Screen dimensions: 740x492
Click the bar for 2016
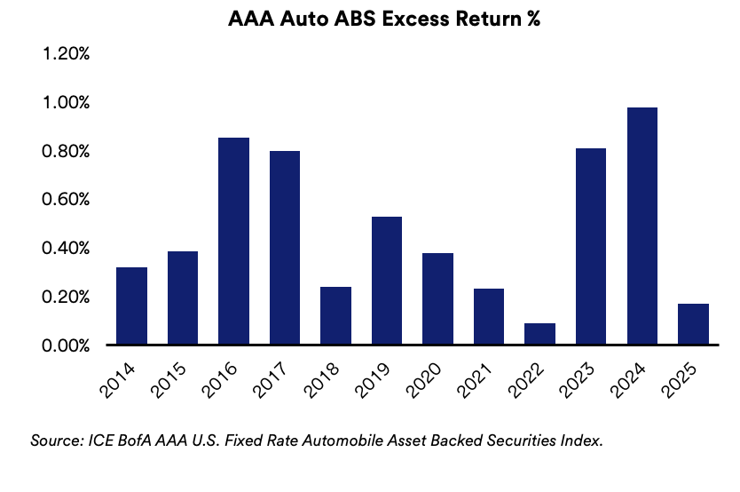tap(233, 241)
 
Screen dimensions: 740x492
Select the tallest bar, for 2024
tap(642, 226)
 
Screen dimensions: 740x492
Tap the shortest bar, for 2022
tap(539, 334)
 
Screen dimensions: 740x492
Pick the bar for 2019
tap(387, 281)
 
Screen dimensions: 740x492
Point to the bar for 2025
tap(693, 324)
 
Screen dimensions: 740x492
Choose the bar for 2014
tap(131, 306)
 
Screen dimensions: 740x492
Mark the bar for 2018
tap(335, 315)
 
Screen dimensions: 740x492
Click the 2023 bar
tap(591, 247)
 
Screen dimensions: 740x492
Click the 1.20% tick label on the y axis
tap(66, 54)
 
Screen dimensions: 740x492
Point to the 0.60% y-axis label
tap(66, 199)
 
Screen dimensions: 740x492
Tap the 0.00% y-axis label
tap(66, 345)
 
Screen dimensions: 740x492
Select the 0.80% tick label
tap(66, 151)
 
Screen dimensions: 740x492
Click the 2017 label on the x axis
tap(270, 380)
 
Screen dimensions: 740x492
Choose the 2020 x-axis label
tap(423, 380)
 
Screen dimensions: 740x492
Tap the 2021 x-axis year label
tap(475, 380)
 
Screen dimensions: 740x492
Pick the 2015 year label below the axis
tap(168, 380)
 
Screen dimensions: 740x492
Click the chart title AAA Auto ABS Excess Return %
tap(384, 19)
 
